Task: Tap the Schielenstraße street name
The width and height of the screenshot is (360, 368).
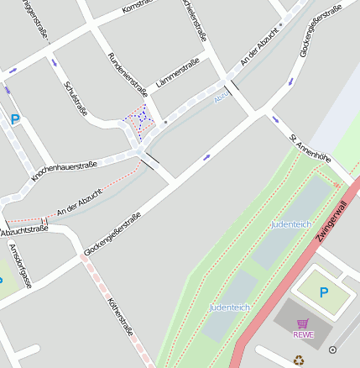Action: [x=194, y=19]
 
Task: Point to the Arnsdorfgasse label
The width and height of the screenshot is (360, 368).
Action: [x=19, y=265]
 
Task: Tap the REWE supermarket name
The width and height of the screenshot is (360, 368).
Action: [x=303, y=334]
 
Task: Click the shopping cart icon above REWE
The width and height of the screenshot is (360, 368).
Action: [x=303, y=323]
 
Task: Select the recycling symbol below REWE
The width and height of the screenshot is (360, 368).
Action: [x=299, y=360]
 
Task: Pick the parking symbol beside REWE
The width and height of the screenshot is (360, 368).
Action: [x=324, y=292]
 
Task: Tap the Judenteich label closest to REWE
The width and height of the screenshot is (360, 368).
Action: [x=230, y=308]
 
